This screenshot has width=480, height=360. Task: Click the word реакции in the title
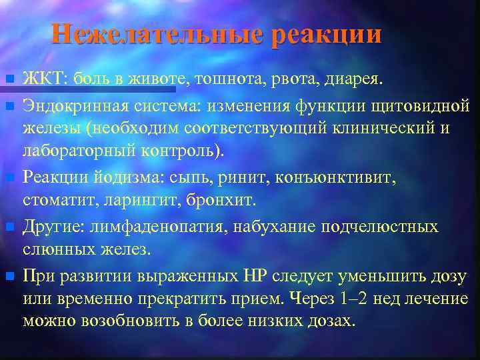[327, 34]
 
